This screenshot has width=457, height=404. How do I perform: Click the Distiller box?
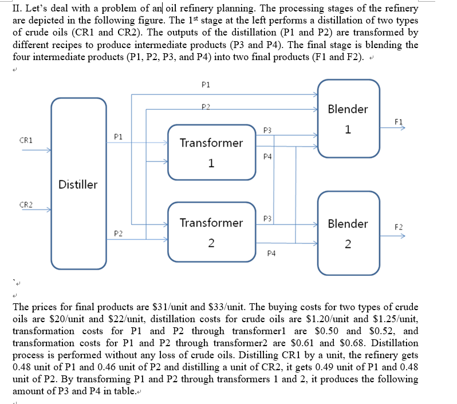point(78,184)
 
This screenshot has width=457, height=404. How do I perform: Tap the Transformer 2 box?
point(211,232)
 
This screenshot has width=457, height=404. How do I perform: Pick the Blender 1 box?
point(348,118)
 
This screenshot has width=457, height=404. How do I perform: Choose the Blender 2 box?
point(348,232)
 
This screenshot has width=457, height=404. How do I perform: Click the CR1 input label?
point(26,140)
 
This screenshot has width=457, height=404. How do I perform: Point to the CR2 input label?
point(26,204)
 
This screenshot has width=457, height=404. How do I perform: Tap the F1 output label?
point(399,121)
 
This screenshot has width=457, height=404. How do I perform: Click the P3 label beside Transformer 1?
point(267,131)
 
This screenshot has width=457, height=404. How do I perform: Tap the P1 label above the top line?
point(206,84)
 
